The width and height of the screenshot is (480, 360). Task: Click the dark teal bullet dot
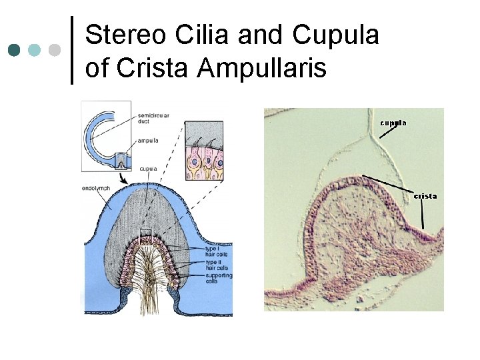tap(14, 50)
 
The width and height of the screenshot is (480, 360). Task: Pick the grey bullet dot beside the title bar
tap(55, 50)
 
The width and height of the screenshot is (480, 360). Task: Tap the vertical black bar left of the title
tap(72, 50)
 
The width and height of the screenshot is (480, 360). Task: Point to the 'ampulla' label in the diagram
tap(149, 141)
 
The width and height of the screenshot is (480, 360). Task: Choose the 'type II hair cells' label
tap(216, 265)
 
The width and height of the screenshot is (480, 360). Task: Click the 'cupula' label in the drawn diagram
tap(149, 169)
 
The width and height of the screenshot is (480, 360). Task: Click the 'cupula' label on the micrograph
tap(393, 123)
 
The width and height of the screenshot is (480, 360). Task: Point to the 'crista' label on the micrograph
tap(425, 196)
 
